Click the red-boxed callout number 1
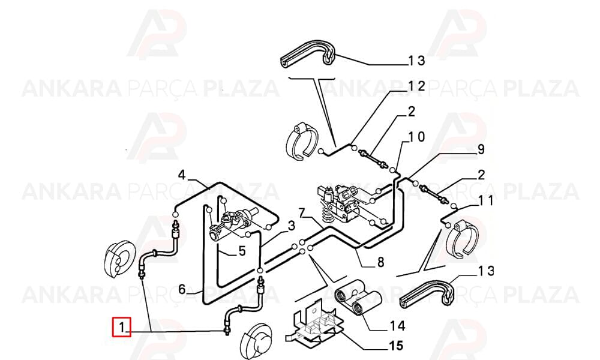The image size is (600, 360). tap(121, 328)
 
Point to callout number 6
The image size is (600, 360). tap(182, 289)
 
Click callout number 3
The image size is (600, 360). tap(292, 226)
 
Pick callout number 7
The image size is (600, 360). tap(302, 213)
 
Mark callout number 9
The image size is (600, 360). tap(481, 149)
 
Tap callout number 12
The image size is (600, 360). tap(416, 86)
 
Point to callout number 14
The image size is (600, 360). tap(398, 326)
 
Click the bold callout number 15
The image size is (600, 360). tap(395, 346)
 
